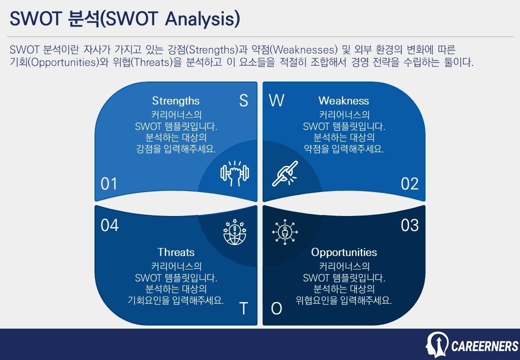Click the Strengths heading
(175, 100)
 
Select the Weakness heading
(343, 100)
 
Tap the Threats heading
(176, 252)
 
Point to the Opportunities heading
(344, 252)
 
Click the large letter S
(243, 101)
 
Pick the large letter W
(276, 101)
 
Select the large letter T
(243, 308)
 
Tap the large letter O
(276, 308)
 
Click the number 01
(109, 184)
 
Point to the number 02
(409, 184)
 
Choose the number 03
(409, 225)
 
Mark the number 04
(109, 225)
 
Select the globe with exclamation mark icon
(234, 232)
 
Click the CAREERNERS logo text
(484, 346)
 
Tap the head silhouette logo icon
(436, 344)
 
